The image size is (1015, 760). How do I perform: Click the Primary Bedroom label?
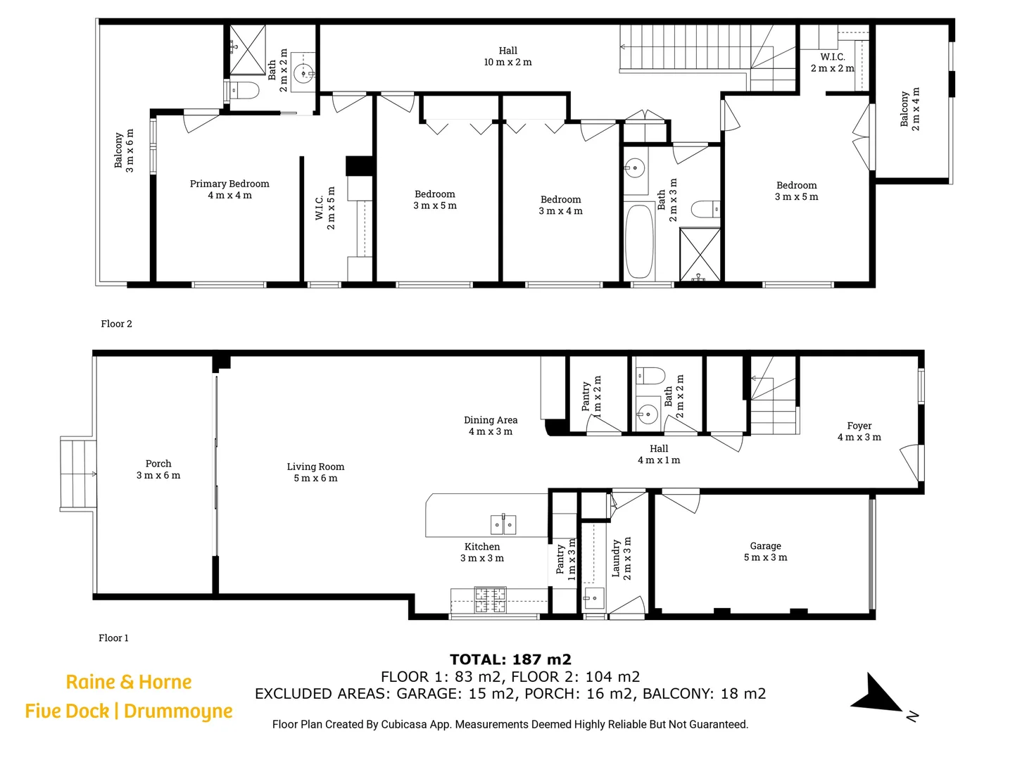point(229,184)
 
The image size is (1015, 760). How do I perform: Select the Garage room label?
point(765,546)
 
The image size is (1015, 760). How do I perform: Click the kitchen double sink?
point(503,525)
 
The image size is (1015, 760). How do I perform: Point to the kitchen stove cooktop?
point(490,600)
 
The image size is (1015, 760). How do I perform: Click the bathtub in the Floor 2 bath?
point(639,241)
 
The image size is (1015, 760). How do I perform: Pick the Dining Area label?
point(491,420)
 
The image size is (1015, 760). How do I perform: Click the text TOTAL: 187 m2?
point(510,659)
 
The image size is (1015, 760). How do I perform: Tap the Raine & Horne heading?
point(129,682)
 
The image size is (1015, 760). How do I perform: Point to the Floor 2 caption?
point(116,324)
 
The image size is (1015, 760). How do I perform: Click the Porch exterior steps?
point(77,473)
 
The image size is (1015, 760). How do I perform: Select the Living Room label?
point(315,467)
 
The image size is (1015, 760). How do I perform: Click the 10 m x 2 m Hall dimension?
point(507,63)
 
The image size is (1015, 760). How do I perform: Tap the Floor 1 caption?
point(113,638)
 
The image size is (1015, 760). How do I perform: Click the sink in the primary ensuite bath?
point(304,71)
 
